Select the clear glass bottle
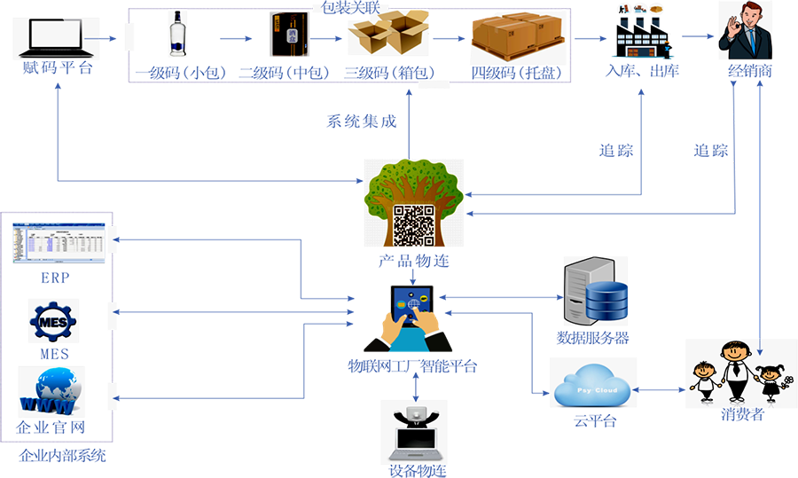(x=177, y=35)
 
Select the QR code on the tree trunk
(x=414, y=225)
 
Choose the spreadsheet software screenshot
(x=58, y=246)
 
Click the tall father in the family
(x=736, y=368)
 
